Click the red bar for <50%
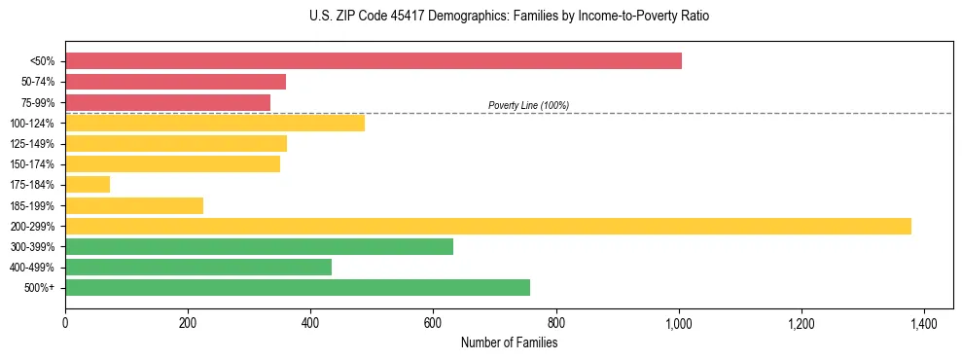[x=374, y=61]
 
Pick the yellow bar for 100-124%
[x=215, y=123]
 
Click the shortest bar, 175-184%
[x=88, y=185]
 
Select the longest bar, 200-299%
[x=488, y=226]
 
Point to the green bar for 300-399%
[x=259, y=247]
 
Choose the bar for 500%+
[x=298, y=288]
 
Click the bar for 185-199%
[x=134, y=205]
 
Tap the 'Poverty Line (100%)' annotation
[x=528, y=105]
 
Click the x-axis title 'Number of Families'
[x=509, y=342]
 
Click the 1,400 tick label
[x=923, y=322]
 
